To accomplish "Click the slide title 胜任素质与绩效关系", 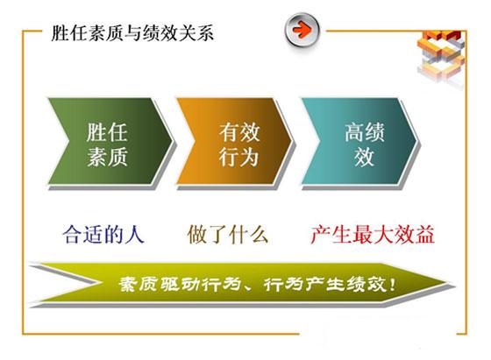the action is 132,33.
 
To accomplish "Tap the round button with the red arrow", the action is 302,30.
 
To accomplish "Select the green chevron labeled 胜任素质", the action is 110,141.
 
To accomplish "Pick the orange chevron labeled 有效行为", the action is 235,141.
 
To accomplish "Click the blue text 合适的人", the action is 103,234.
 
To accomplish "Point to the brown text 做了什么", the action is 228,234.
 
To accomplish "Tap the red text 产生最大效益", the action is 373,234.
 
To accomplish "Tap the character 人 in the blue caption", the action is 134,234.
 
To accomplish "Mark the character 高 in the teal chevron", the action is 354,132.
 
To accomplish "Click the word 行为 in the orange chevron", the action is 238,157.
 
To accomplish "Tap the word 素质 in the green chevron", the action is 107,157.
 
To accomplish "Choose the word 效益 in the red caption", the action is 414,234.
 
